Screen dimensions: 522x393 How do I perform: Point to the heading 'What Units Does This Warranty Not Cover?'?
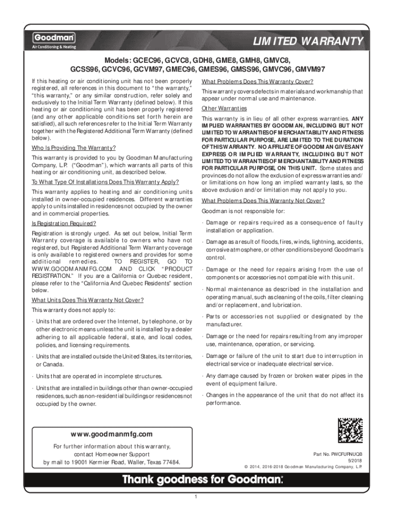(x=87, y=300)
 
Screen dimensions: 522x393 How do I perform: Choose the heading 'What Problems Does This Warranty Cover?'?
(x=257, y=82)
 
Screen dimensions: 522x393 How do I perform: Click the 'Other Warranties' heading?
(x=224, y=109)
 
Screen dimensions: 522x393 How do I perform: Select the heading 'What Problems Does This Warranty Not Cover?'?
(x=263, y=200)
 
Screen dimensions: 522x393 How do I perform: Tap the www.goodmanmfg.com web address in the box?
(x=112, y=434)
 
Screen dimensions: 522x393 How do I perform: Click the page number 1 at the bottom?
(x=196, y=497)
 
